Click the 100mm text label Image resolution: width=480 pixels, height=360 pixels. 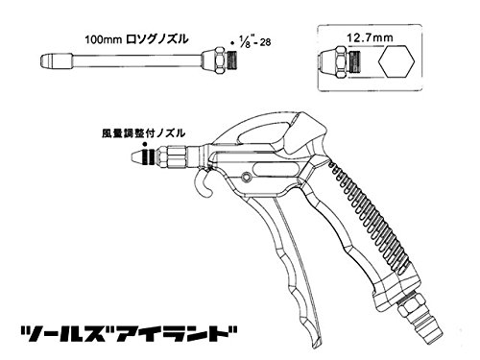103,39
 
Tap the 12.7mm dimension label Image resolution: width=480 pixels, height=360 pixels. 370,37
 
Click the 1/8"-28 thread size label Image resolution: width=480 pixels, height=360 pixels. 253,41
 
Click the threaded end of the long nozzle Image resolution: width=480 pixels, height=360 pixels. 231,60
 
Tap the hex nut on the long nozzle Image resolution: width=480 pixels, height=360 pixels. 221,60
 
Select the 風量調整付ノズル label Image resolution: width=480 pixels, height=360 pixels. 143,133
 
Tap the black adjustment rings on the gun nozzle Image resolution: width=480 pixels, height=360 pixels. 149,156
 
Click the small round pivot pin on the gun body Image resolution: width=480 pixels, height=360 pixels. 246,177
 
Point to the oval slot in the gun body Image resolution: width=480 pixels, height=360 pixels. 275,169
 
